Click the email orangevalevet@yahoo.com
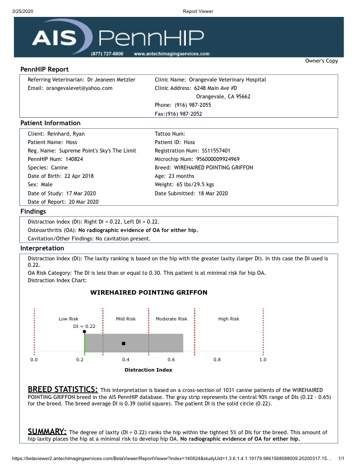[79, 88]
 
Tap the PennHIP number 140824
[74, 159]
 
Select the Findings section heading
[33, 211]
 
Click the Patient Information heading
[50, 123]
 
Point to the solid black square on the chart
[123, 343]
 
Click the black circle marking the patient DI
[85, 331]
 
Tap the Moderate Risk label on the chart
[172, 319]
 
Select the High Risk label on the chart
[229, 319]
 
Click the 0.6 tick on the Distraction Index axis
[171, 359]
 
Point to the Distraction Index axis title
[148, 370]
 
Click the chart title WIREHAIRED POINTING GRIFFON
[149, 293]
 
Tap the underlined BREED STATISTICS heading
[62, 389]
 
